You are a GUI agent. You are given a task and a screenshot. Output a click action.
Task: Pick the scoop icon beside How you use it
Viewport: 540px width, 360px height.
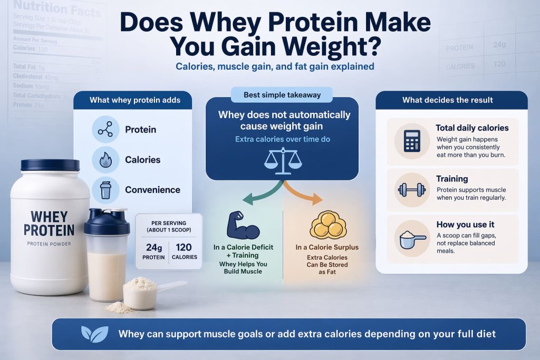pyautogui.click(x=412, y=239)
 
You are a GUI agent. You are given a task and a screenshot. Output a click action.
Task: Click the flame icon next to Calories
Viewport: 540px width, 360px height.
pyautogui.click(x=105, y=160)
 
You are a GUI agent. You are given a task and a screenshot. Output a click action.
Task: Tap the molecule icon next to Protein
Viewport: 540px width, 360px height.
pyautogui.click(x=105, y=130)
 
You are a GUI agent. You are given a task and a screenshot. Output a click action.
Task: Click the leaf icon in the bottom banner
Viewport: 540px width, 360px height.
pyautogui.click(x=95, y=334)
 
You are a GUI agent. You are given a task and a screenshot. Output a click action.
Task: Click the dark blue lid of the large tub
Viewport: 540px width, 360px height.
pyautogui.click(x=50, y=165)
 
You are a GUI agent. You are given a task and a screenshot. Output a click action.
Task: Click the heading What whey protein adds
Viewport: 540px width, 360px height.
pyautogui.click(x=135, y=100)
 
